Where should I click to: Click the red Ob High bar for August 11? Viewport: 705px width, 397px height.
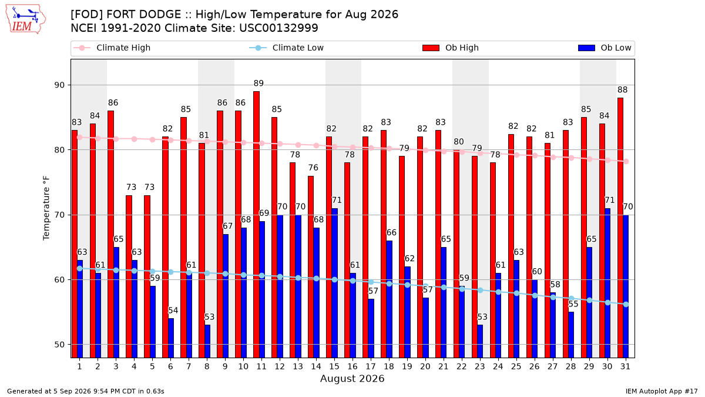(257, 224)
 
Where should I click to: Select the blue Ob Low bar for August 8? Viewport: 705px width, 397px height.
(207, 341)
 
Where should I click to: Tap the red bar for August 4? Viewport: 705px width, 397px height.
(129, 276)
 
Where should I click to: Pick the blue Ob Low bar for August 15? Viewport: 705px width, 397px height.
(334, 283)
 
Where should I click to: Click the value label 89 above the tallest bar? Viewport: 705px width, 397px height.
(258, 83)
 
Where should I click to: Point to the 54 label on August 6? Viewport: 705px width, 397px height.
(173, 311)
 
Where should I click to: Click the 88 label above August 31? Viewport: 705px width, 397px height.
(623, 90)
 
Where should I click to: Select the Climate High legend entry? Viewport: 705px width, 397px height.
(112, 48)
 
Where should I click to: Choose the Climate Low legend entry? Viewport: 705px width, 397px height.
(287, 48)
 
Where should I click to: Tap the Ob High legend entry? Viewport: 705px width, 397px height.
(451, 48)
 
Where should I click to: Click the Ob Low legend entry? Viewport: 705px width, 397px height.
(605, 48)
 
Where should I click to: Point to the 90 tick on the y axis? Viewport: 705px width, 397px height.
(59, 85)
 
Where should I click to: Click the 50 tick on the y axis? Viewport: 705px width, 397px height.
(59, 345)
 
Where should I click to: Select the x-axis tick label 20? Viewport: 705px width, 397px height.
(425, 366)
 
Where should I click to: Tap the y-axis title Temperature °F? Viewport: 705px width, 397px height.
(46, 208)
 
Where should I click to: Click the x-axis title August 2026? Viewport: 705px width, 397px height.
(352, 378)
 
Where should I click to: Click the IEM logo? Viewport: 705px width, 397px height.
(26, 19)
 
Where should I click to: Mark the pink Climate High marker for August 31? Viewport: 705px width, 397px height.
(626, 161)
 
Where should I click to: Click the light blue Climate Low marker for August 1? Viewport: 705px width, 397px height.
(80, 268)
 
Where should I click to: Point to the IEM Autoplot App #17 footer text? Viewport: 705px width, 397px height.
(662, 391)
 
